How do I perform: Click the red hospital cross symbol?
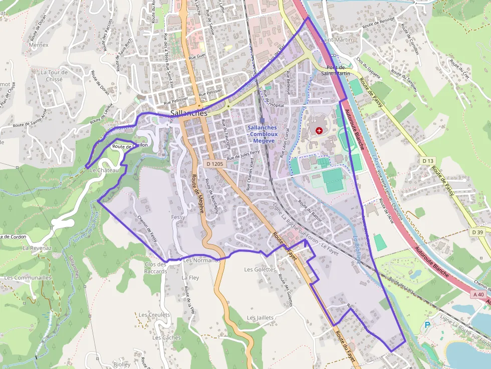coord(319,131)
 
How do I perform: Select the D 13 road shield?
coord(427,161)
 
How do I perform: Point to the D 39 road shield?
coord(478,232)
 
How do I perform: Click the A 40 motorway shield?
coord(478,294)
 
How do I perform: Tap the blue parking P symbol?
coord(427,325)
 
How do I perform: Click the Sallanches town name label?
coord(189,114)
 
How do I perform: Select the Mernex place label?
coord(39,45)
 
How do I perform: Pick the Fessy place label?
coord(178,217)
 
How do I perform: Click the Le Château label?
coord(104,170)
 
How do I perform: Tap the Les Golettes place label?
coord(260,269)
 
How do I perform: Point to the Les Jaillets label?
coord(260,318)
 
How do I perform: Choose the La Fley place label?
coord(190,277)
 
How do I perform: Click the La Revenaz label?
coord(37,248)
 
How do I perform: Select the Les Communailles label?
coord(28,277)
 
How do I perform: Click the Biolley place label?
coord(122,364)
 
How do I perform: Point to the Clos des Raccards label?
coord(156,268)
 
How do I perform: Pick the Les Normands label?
coord(201,260)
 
